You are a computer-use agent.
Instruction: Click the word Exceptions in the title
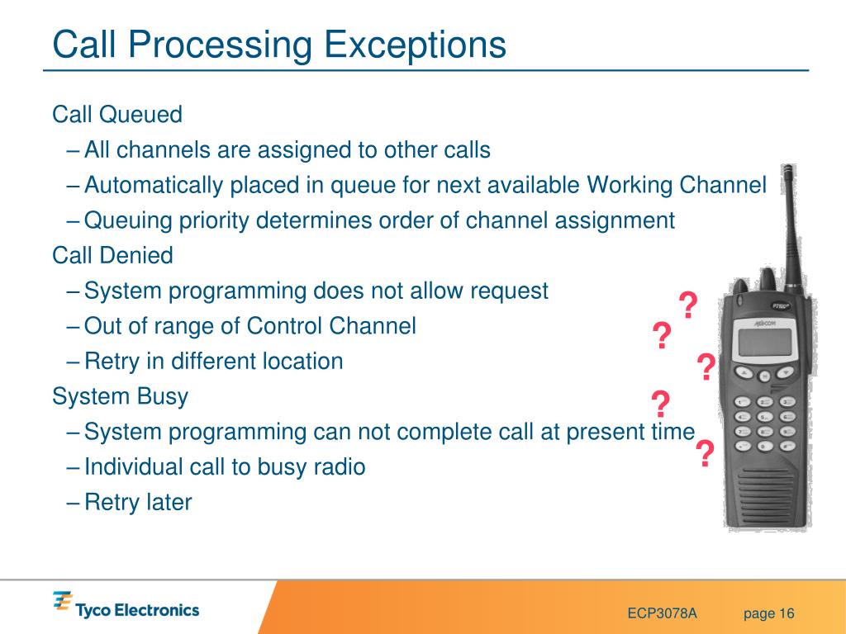[415, 45]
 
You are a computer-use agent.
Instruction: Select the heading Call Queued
[117, 114]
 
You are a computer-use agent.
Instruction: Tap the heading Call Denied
[112, 255]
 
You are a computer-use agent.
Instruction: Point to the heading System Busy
[120, 397]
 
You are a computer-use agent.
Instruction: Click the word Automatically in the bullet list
[154, 186]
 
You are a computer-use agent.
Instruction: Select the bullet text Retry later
[138, 502]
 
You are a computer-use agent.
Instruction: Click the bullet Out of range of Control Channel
[250, 326]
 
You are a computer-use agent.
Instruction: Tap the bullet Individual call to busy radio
[225, 467]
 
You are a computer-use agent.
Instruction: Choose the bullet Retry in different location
[214, 362]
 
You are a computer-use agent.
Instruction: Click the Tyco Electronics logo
[126, 605]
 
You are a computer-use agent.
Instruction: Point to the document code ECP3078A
[662, 613]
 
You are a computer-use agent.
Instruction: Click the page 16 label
[769, 613]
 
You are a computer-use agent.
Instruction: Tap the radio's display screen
[764, 342]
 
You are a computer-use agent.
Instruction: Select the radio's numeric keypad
[765, 423]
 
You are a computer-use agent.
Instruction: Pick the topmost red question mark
[688, 305]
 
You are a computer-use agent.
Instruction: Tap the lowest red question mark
[705, 453]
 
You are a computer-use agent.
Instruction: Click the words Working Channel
[677, 186]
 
